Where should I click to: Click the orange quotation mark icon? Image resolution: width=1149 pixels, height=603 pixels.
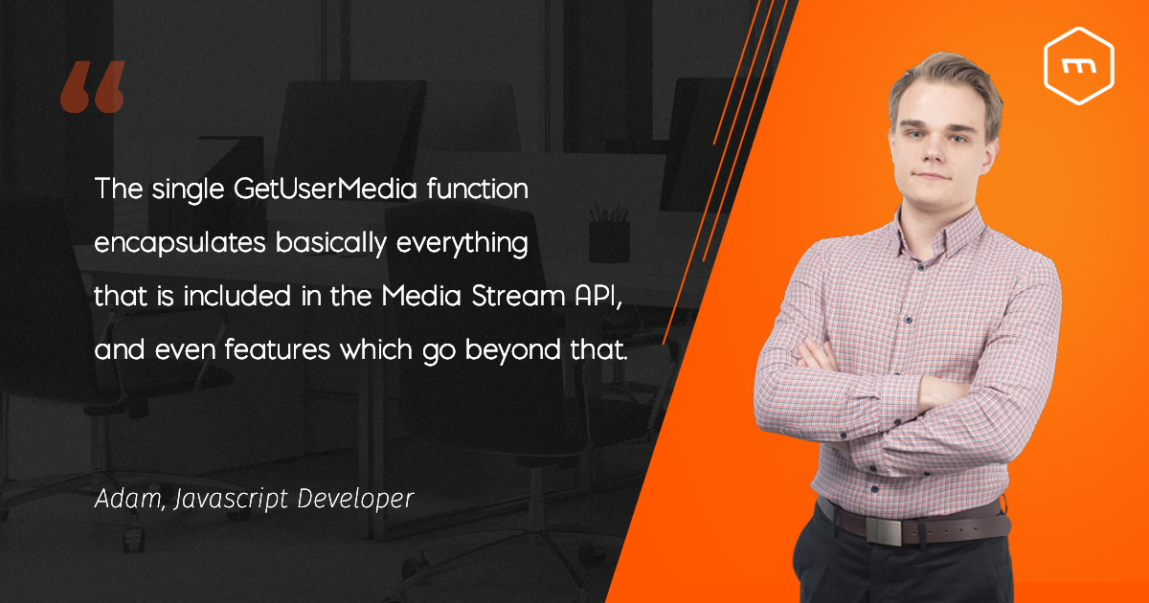tap(92, 89)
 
